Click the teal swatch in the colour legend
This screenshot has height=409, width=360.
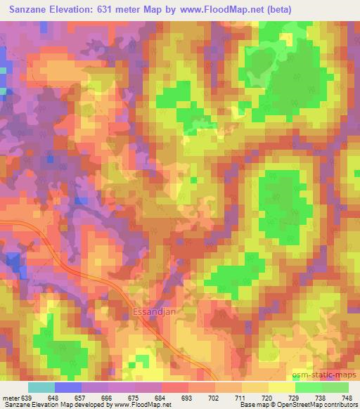click(41, 387)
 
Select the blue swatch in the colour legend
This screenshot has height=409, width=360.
click(68, 387)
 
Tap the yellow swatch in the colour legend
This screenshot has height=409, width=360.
click(282, 387)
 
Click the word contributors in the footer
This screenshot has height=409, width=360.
click(340, 405)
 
